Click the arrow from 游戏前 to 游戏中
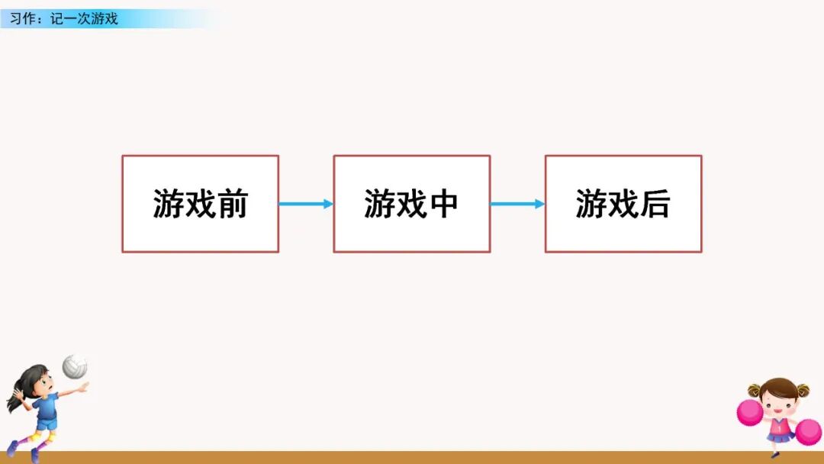305,204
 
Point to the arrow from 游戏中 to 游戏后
517,204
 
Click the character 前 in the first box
232,205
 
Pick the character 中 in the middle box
443,205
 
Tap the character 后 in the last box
655,205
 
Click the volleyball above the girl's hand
74,366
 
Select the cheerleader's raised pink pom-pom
750,413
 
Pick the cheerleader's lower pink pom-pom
808,432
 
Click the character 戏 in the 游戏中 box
411,205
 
